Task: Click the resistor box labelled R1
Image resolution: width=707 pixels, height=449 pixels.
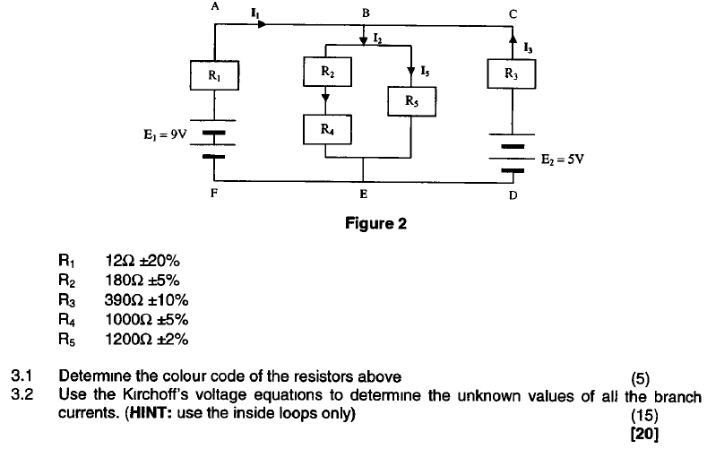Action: point(215,75)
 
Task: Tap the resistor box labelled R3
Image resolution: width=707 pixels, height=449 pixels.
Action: point(512,74)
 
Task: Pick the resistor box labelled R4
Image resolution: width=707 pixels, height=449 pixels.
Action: point(326,129)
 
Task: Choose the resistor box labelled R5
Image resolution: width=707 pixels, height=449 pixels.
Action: point(410,101)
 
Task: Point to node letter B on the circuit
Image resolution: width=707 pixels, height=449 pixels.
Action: point(365,13)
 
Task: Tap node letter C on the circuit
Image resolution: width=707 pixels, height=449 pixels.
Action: point(512,13)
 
